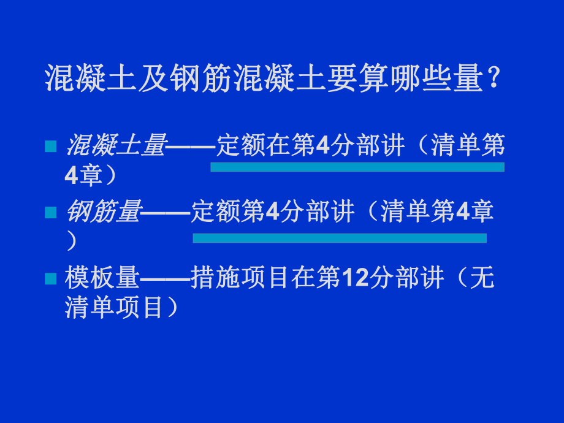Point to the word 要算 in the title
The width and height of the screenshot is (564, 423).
tap(354, 79)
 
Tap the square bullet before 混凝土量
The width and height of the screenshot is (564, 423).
tap(51, 147)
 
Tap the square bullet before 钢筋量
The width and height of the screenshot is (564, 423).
tap(51, 213)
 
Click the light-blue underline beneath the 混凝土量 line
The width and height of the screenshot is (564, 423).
tap(357, 167)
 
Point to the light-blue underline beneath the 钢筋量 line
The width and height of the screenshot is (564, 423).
tap(340, 238)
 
